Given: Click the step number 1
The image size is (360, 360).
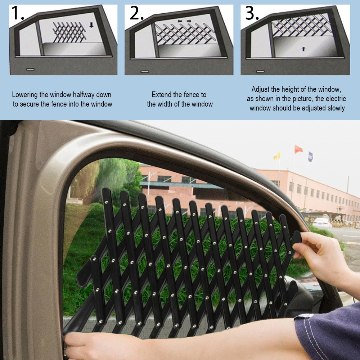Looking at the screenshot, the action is tap(17, 13).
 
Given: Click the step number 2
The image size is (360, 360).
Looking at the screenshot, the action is tap(137, 13).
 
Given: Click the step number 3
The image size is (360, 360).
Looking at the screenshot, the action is tap(252, 13).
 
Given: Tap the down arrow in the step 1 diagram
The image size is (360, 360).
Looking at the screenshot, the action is tap(91, 25).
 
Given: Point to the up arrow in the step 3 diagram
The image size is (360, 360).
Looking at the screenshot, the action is tap(303, 49).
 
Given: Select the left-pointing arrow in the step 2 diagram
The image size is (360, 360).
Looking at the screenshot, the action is tap(180, 21).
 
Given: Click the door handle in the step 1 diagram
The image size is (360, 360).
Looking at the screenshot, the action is tap(30, 69).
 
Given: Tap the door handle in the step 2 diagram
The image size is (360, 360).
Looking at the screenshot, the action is tap(145, 72).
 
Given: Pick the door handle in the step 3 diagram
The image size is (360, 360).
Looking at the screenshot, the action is tap(260, 71).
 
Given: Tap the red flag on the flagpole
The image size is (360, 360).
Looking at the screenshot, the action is tap(298, 149).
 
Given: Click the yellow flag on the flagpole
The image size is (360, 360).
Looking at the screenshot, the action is tap(277, 155).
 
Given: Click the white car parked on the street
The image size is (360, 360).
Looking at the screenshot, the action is tap(322, 222).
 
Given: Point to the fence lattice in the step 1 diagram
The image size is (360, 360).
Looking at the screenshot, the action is tap(69, 32).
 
